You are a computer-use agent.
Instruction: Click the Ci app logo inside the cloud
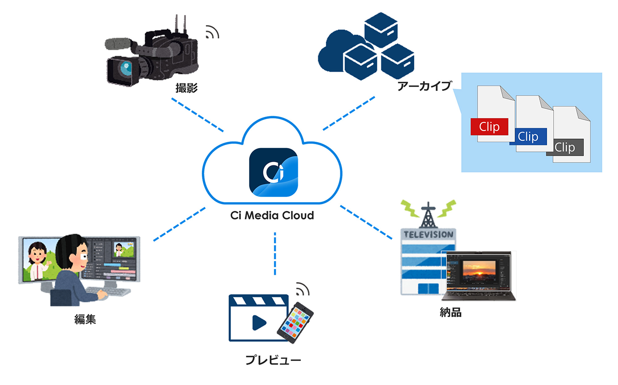pos(273,172)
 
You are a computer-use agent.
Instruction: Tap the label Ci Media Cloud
pos(272,215)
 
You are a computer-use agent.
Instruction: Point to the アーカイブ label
pos(423,87)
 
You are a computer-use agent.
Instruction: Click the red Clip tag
pos(489,127)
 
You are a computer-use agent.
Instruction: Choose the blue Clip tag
pos(528,137)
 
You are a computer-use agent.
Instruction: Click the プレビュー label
pos(273,360)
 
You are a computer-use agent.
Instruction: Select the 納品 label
pos(450,312)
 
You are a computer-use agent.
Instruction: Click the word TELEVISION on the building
pos(429,235)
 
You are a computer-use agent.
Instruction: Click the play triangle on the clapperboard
pos(259,322)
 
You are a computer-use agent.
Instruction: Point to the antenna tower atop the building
pos(427,213)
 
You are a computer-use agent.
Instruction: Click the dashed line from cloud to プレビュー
pos(275,253)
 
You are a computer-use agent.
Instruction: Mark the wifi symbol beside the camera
pos(212,32)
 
